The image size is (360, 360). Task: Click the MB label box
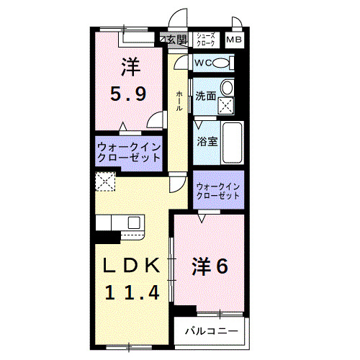pyautogui.click(x=235, y=40)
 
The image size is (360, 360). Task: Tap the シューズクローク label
pyautogui.click(x=204, y=40)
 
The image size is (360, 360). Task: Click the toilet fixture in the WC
pyautogui.click(x=222, y=63)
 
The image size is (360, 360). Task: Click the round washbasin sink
pyautogui.click(x=228, y=89)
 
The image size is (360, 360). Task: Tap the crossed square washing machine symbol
pyautogui.click(x=228, y=107)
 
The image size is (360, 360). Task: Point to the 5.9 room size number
pyautogui.click(x=130, y=94)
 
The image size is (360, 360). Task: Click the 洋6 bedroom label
pyautogui.click(x=210, y=266)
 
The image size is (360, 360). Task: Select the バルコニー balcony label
pyautogui.click(x=210, y=331)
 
